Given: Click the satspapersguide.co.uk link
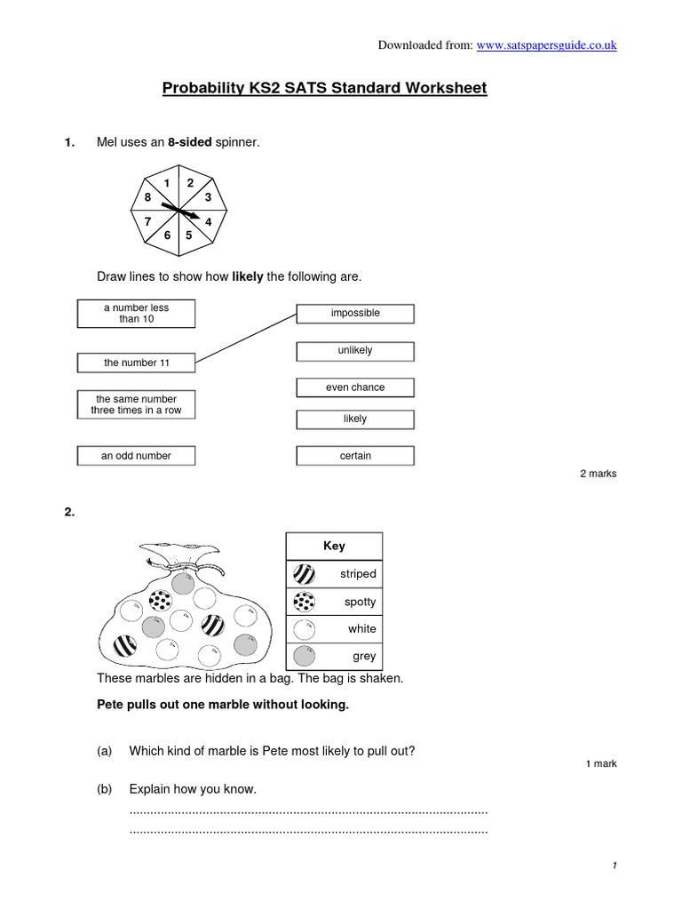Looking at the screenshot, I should [546, 45].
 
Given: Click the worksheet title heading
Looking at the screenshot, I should [324, 88].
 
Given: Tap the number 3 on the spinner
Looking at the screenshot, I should [208, 197].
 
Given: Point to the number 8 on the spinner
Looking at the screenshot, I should [147, 197].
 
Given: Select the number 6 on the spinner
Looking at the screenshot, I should [167, 235].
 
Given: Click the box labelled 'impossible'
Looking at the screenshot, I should [355, 313].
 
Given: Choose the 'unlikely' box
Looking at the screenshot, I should [355, 350].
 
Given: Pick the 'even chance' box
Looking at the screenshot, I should [355, 387].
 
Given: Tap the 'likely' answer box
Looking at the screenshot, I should [355, 419].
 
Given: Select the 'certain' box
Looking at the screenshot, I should [355, 456].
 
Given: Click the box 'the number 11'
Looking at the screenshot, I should [136, 363].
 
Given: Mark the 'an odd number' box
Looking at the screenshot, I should [136, 456].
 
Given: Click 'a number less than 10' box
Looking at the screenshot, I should [136, 313].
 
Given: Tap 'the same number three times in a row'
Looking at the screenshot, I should [136, 405].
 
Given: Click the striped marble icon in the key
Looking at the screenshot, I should [304, 573].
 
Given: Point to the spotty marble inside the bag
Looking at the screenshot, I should [160, 602].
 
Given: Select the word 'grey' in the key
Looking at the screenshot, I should [364, 657].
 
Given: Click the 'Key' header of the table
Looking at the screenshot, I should [334, 546].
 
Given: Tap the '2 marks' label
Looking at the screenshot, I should [598, 474].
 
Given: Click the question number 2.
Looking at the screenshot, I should [69, 511].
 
